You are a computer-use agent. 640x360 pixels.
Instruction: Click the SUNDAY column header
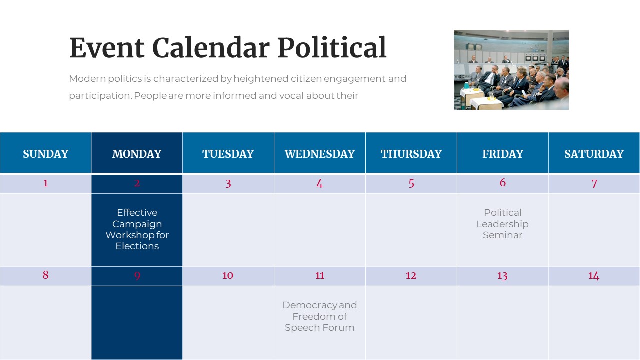pyautogui.click(x=45, y=154)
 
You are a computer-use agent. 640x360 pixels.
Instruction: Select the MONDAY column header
pyautogui.click(x=137, y=154)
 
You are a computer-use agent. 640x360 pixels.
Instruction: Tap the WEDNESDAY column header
pyautogui.click(x=319, y=154)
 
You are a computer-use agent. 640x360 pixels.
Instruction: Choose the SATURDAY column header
pyautogui.click(x=594, y=154)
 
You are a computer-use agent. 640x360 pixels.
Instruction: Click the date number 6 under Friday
pyautogui.click(x=502, y=183)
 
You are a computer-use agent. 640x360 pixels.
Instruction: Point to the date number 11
pyautogui.click(x=320, y=275)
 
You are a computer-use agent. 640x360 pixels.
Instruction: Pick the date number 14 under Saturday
pyautogui.click(x=593, y=275)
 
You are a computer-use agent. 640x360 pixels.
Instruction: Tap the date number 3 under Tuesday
pyautogui.click(x=228, y=183)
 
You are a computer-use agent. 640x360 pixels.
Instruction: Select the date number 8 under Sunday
pyautogui.click(x=45, y=275)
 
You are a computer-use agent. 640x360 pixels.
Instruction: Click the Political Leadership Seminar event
pyautogui.click(x=502, y=224)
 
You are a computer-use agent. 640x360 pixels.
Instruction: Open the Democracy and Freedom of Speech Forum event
pyautogui.click(x=320, y=316)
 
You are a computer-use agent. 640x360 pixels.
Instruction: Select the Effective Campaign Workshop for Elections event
pyautogui.click(x=137, y=229)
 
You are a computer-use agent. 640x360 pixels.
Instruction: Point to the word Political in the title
pyautogui.click(x=332, y=48)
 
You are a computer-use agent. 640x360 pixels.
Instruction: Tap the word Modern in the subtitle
pyautogui.click(x=85, y=79)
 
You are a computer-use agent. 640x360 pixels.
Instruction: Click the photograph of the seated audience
pyautogui.click(x=511, y=70)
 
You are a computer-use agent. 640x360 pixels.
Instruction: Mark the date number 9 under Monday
pyautogui.click(x=137, y=276)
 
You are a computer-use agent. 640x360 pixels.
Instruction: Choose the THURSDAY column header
pyautogui.click(x=411, y=154)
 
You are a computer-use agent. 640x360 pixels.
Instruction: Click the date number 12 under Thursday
pyautogui.click(x=411, y=275)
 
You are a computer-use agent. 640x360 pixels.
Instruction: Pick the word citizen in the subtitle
pyautogui.click(x=305, y=79)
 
